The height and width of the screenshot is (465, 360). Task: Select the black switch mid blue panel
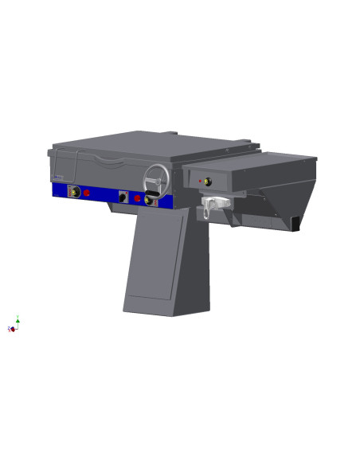pos(123,196)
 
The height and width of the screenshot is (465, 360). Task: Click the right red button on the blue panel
pos(137,198)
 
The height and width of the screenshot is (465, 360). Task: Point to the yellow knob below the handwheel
pos(149,201)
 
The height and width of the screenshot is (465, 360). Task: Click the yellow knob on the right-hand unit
pos(208,182)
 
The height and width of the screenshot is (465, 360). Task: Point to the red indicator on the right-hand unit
pos(199,182)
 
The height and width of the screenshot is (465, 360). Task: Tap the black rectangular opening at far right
pos(293,224)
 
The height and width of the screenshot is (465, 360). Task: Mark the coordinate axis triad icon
pos(14,324)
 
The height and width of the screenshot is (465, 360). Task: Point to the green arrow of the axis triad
pos(18,318)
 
